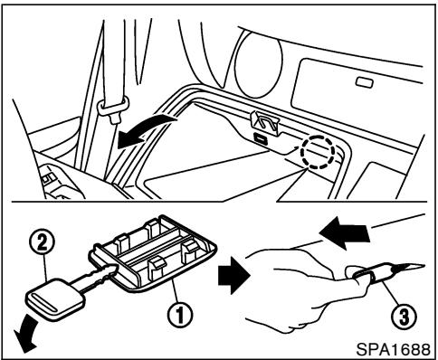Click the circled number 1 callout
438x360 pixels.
[180, 315]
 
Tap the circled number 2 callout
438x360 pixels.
[42, 242]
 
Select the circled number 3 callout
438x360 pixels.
[404, 317]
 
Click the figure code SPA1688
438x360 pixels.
[393, 349]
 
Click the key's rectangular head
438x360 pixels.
[54, 299]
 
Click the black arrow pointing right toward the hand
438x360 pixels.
[233, 275]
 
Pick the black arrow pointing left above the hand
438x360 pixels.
[344, 232]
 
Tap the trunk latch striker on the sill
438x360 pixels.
[265, 122]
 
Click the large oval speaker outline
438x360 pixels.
[258, 64]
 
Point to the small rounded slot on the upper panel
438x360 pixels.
[365, 82]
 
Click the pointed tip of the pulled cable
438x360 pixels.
[424, 265]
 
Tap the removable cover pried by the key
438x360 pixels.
[154, 254]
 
